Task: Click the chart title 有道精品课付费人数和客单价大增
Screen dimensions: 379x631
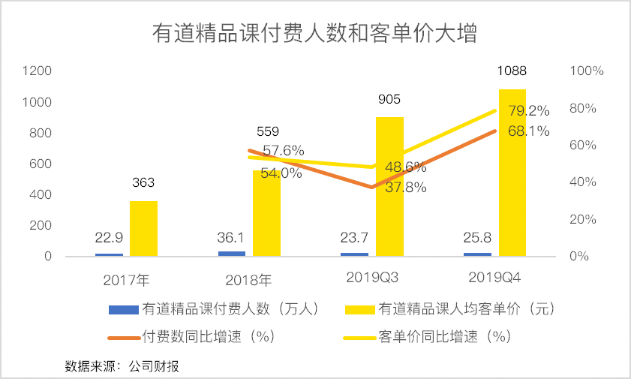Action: click(315, 35)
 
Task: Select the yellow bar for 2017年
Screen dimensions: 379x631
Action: click(143, 228)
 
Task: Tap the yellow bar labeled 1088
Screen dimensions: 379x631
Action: click(512, 173)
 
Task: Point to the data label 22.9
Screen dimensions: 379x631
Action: click(110, 238)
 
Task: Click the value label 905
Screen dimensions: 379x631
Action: click(389, 99)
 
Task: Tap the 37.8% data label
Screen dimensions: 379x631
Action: click(405, 188)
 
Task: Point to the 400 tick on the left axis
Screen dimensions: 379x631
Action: click(41, 194)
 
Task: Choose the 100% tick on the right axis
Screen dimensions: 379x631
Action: click(587, 71)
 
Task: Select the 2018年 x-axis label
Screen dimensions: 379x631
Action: click(248, 280)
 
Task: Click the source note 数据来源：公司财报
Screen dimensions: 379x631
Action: click(122, 366)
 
